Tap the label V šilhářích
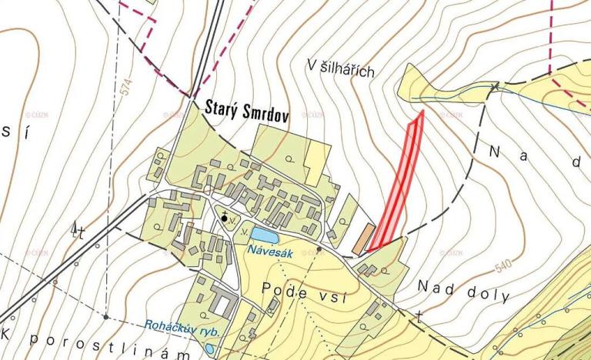(339, 70)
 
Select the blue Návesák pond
(262, 235)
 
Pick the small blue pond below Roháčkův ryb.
(209, 348)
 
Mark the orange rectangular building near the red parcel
(363, 239)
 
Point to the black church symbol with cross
(225, 218)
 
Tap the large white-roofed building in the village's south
(222, 305)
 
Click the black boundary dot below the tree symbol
(105, 316)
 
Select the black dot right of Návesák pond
(319, 249)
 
